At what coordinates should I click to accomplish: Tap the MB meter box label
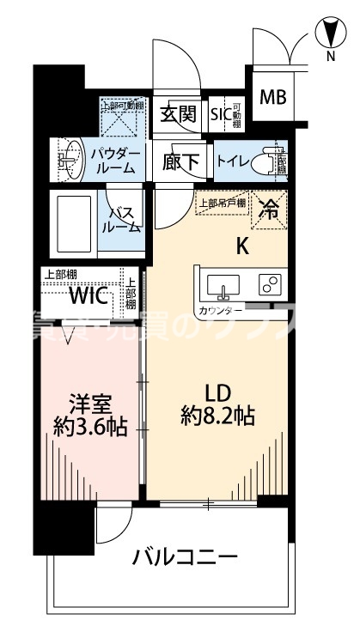pyautogui.click(x=273, y=96)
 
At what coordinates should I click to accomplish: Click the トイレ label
pyautogui.click(x=235, y=160)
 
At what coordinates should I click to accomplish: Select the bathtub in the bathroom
pyautogui.click(x=71, y=221)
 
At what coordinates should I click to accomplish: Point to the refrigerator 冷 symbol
pyautogui.click(x=270, y=208)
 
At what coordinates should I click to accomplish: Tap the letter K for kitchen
pyautogui.click(x=242, y=246)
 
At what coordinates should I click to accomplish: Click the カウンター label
pyautogui.click(x=217, y=310)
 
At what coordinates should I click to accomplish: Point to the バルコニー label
pyautogui.click(x=184, y=559)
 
